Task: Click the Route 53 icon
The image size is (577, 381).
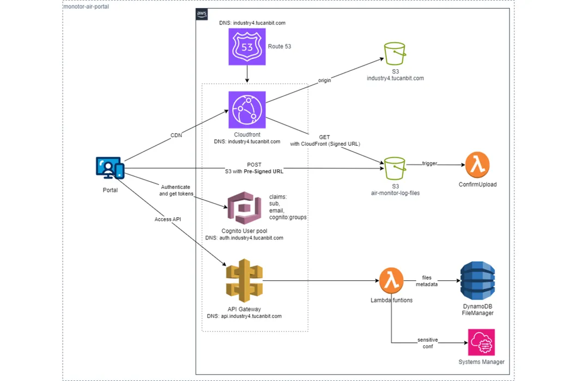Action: (x=247, y=47)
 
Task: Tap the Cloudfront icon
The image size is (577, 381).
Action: (x=247, y=109)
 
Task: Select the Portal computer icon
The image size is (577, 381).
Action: (x=110, y=169)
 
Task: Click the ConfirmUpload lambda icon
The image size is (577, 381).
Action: (x=477, y=164)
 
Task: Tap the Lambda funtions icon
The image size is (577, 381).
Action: (x=391, y=281)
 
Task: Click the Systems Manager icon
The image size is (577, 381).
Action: (x=481, y=342)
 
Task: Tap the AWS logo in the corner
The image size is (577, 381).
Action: (x=202, y=15)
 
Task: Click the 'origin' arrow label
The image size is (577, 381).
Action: (x=325, y=81)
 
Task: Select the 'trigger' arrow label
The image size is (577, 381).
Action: (x=430, y=163)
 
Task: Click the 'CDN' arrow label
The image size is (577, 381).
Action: (x=176, y=136)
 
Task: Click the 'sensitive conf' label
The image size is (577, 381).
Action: (x=428, y=343)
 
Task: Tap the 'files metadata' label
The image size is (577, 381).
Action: (x=426, y=281)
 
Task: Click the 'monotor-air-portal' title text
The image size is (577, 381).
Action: (x=86, y=7)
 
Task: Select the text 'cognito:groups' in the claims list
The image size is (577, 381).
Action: (x=288, y=217)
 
